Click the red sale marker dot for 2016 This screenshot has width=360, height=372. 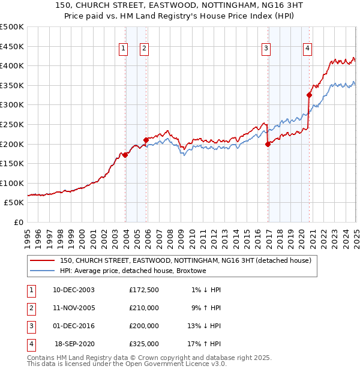268,144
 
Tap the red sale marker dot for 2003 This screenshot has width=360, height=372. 125,155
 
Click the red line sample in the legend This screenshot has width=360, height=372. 41,260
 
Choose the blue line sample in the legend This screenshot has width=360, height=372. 41,271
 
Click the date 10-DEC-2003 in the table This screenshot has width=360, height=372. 74,290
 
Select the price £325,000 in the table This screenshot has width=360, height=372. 144,344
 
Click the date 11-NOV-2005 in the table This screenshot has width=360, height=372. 74,308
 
